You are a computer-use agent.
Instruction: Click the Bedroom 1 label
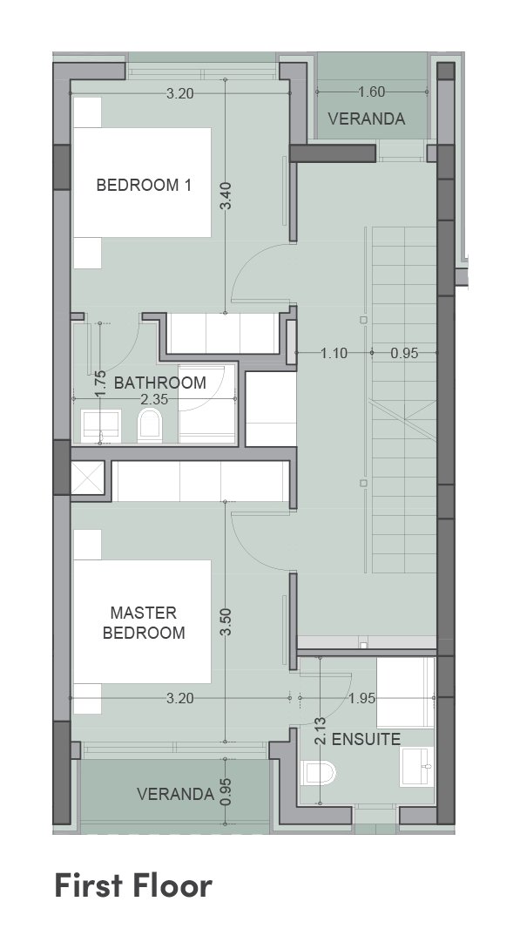(x=144, y=186)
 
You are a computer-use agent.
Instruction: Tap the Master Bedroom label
(x=144, y=623)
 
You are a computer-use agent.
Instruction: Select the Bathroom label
(x=160, y=383)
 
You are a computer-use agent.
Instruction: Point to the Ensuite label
(x=366, y=739)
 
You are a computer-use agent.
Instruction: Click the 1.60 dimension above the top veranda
(x=371, y=92)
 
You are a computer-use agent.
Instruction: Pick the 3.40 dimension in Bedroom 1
(x=226, y=195)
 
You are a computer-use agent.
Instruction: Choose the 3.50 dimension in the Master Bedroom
(x=226, y=622)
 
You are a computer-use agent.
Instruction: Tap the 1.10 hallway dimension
(x=334, y=353)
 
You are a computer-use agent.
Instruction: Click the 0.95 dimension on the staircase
(x=404, y=353)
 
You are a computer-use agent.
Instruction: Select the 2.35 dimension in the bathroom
(x=154, y=399)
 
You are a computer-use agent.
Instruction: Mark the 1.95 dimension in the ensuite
(x=362, y=698)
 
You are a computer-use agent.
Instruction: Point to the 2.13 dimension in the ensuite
(x=321, y=730)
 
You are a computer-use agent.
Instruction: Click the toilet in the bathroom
(x=150, y=424)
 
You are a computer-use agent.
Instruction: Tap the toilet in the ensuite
(x=319, y=773)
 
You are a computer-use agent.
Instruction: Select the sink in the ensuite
(x=416, y=766)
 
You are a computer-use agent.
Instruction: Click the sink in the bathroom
(x=101, y=425)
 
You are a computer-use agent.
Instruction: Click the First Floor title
(x=133, y=885)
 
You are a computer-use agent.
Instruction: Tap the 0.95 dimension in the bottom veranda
(x=226, y=791)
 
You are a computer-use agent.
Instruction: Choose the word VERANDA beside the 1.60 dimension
(x=367, y=119)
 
